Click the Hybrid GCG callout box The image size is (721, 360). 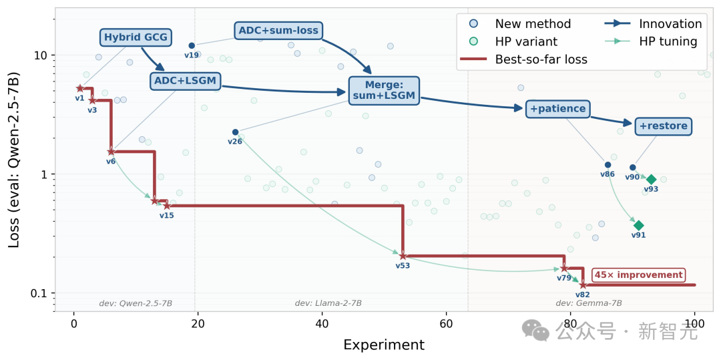click(136, 37)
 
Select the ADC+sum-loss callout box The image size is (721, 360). click(279, 30)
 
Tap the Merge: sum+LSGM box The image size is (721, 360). click(384, 90)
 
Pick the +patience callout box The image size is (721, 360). click(557, 108)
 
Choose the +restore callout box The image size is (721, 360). click(663, 126)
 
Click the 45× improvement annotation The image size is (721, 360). click(639, 275)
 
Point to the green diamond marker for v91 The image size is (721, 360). click(638, 226)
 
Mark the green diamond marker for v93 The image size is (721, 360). click(651, 179)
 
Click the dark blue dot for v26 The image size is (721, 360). click(235, 132)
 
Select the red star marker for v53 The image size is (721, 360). click(403, 256)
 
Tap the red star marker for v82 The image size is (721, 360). click(583, 285)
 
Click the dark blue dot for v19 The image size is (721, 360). click(192, 45)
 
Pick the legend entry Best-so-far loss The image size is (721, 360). click(541, 59)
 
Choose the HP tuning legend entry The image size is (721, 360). click(668, 41)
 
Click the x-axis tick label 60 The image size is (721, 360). click(446, 325)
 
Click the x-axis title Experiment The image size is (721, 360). click(383, 345)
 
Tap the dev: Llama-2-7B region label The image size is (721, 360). click(328, 303)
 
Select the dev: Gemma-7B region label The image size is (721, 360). click(588, 303)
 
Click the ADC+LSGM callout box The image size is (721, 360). click(186, 81)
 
